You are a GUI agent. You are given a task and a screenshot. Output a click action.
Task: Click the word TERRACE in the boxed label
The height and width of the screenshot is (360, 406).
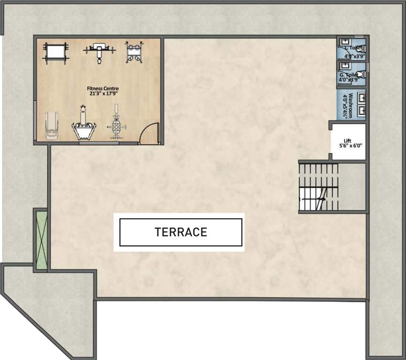(x=181, y=232)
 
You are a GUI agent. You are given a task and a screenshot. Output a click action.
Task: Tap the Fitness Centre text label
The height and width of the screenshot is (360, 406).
(x=103, y=88)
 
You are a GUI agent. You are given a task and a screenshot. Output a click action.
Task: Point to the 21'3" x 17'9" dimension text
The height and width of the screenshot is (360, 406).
(x=103, y=93)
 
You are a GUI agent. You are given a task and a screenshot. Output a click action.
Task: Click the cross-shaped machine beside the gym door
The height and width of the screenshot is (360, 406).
(x=115, y=124)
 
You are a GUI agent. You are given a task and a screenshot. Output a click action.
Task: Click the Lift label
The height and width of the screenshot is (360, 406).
(x=347, y=140)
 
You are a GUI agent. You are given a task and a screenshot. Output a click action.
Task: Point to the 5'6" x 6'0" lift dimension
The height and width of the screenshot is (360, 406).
(x=347, y=146)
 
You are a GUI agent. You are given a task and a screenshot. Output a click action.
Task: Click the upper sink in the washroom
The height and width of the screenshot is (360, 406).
(x=361, y=98)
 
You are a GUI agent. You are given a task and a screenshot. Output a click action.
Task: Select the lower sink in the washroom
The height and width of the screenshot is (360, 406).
(x=361, y=111)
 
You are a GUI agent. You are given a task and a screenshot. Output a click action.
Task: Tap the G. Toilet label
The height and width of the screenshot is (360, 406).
(x=348, y=75)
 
